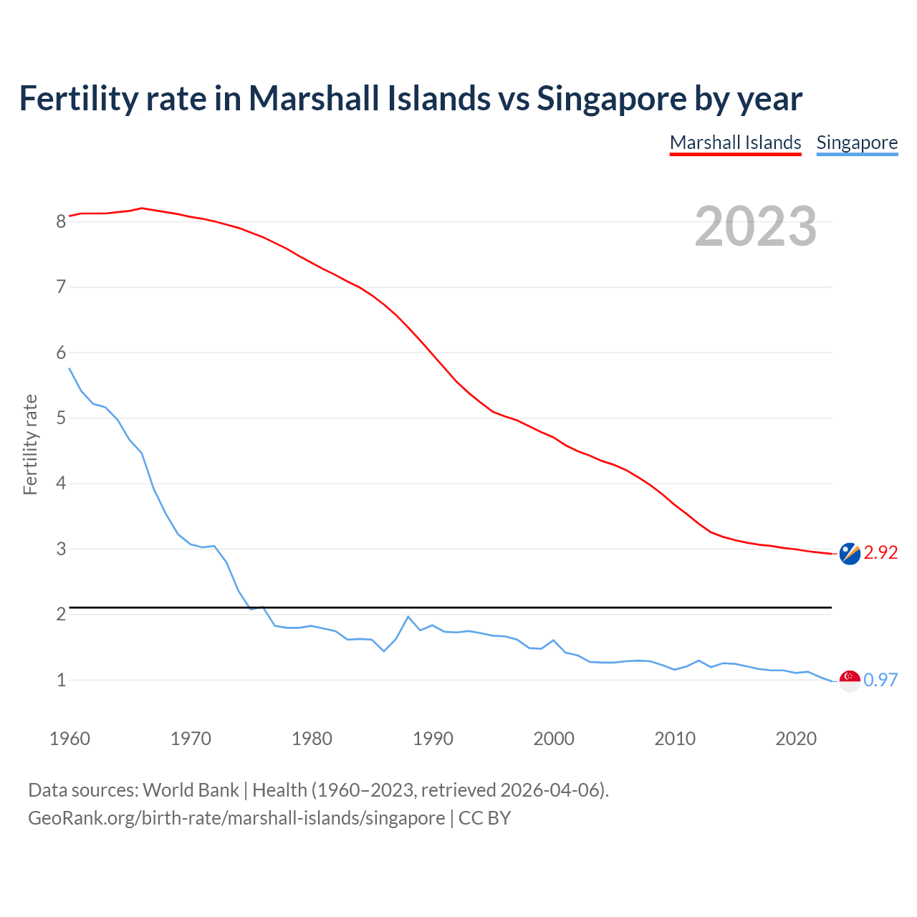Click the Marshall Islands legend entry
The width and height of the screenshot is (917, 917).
click(735, 143)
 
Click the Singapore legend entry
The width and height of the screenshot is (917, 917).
click(857, 143)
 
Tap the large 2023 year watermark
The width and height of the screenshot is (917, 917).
click(755, 226)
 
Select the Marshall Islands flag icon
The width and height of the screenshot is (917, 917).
click(850, 554)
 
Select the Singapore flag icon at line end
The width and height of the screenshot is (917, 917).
click(850, 681)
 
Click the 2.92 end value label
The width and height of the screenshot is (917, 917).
click(880, 552)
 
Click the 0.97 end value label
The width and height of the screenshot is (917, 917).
click(880, 680)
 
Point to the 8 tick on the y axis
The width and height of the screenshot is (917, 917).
click(61, 221)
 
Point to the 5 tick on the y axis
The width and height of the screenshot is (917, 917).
click(61, 418)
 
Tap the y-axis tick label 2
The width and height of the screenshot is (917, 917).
click(61, 615)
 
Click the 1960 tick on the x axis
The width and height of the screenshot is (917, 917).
click(69, 739)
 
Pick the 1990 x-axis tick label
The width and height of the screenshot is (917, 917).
click(433, 739)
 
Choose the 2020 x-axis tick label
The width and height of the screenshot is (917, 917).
click(796, 739)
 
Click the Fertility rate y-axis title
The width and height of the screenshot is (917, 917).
click(30, 444)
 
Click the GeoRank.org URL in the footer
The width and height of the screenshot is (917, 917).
click(236, 818)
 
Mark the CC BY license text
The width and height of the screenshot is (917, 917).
click(484, 818)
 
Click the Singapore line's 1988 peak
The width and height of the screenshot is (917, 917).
click(408, 617)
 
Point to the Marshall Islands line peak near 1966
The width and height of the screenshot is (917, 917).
click(142, 208)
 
